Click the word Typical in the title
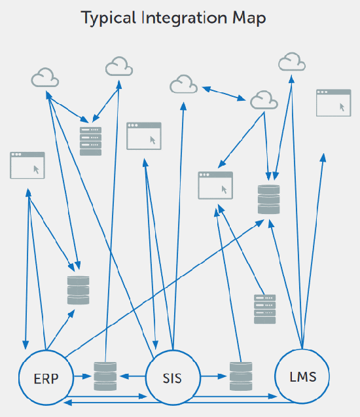pos(109,18)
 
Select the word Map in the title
pos(249,18)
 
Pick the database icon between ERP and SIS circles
pos(105,376)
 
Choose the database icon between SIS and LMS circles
pos(241,376)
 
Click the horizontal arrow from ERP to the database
pos(82,376)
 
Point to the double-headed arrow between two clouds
pos(224,94)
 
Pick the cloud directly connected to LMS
pos(292,62)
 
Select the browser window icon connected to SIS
pos(144,136)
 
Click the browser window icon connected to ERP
pos(27,165)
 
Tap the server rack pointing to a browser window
pos(264,309)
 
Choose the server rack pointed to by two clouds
pos(91,141)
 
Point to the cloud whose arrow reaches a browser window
pos(264,100)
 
